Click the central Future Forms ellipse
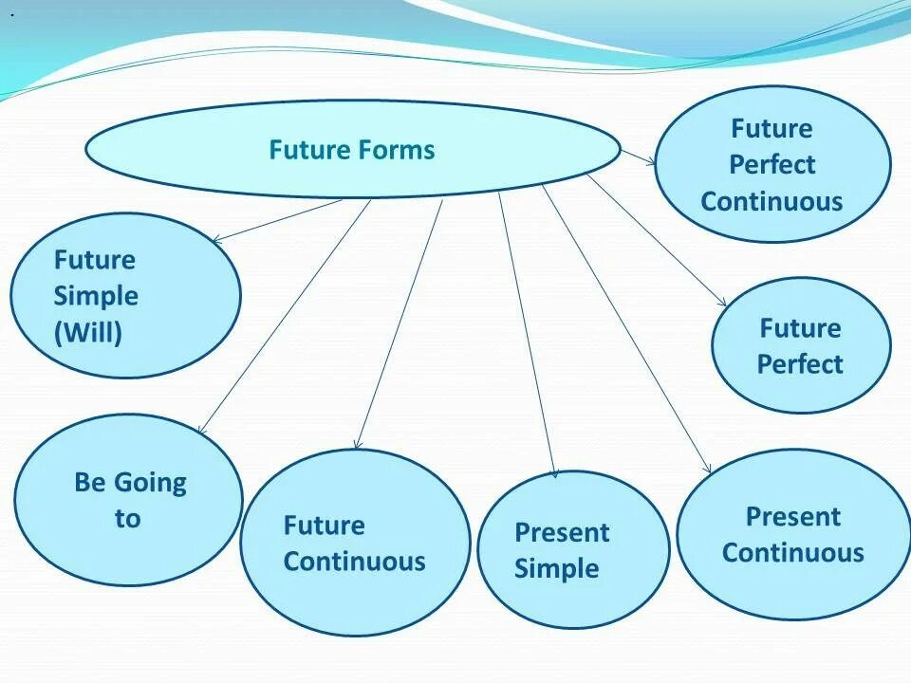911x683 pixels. click(352, 150)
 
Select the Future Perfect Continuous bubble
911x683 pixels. click(772, 164)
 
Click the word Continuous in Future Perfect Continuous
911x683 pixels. click(772, 201)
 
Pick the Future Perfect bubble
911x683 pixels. click(800, 345)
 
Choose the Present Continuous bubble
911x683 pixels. click(792, 534)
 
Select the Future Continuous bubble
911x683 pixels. click(354, 543)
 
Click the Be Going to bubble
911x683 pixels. click(129, 499)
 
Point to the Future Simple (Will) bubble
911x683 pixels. click(125, 296)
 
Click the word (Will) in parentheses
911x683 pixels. click(88, 333)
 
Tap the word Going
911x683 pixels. click(150, 483)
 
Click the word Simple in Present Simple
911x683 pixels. click(556, 569)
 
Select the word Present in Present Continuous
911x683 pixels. click(792, 517)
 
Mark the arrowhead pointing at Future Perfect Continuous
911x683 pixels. click(651, 162)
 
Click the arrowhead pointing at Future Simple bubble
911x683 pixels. click(214, 238)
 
